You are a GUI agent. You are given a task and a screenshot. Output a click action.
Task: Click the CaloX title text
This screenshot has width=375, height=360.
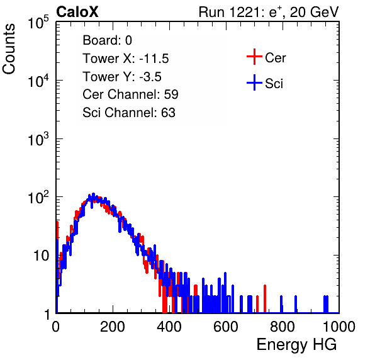pos(77,12)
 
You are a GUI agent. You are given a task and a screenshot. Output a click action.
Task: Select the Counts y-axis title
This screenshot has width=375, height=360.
pos(9,49)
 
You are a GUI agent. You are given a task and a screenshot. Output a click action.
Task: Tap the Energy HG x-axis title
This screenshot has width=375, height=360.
pos(296,344)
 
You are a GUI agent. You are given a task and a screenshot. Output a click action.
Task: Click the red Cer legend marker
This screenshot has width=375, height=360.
pos(254,57)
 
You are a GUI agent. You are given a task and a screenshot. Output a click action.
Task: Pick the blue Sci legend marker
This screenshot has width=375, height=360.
pos(254,82)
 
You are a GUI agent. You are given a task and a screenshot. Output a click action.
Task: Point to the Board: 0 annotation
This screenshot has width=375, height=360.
pos(107,40)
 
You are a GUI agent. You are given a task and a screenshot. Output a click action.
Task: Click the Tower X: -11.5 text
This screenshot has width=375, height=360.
pos(126,59)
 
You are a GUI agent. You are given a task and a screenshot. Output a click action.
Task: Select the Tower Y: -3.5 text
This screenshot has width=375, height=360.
pos(122,77)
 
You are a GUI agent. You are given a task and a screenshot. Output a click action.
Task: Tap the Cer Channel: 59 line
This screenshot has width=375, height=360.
pos(130,94)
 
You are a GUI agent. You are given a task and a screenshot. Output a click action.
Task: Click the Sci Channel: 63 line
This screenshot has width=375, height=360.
pos(129,112)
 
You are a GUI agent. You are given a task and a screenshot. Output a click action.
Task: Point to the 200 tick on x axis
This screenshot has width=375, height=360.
pos(113,327)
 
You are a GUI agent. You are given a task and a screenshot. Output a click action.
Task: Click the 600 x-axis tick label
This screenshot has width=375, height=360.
pos(226,327)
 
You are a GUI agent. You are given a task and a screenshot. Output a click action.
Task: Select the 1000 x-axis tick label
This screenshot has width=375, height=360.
pos(339,327)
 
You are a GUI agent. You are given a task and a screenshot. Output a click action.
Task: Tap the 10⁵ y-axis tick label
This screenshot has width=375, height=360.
pos(38,23)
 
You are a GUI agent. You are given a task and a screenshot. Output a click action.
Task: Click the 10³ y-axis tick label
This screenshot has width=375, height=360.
pos(38,139)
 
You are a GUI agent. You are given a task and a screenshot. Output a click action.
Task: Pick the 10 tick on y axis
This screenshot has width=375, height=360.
pos(41,256)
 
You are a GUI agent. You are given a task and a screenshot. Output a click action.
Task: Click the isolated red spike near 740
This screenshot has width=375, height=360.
pos(265,299)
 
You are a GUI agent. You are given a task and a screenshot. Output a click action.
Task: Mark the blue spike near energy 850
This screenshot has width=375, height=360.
pos(296,304)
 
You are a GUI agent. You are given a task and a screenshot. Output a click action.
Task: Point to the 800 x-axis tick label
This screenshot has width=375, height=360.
pos(283,327)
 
